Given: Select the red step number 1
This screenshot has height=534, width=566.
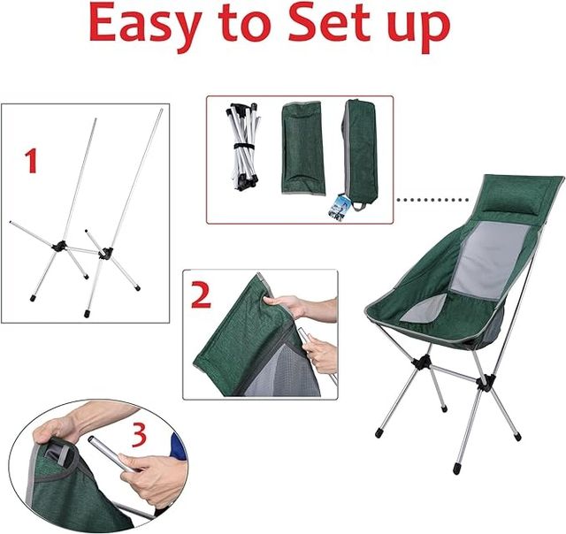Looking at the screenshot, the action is tap(31, 161).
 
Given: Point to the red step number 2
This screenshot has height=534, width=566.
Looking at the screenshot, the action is tap(201, 294).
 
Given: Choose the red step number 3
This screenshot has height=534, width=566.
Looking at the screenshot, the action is tap(139, 435).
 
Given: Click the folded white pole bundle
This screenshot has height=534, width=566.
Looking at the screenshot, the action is tap(244, 146).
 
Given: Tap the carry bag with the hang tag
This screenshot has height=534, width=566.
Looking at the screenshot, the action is tap(358, 155).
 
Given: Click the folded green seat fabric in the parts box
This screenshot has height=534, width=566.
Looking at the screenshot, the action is tap(302, 149).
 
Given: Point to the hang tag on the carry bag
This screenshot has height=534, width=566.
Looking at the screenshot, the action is tap(338, 205).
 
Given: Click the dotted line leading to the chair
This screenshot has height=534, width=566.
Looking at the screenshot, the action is tap(432, 200).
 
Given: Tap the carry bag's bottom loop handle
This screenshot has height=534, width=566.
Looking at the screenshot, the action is tap(359, 206).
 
